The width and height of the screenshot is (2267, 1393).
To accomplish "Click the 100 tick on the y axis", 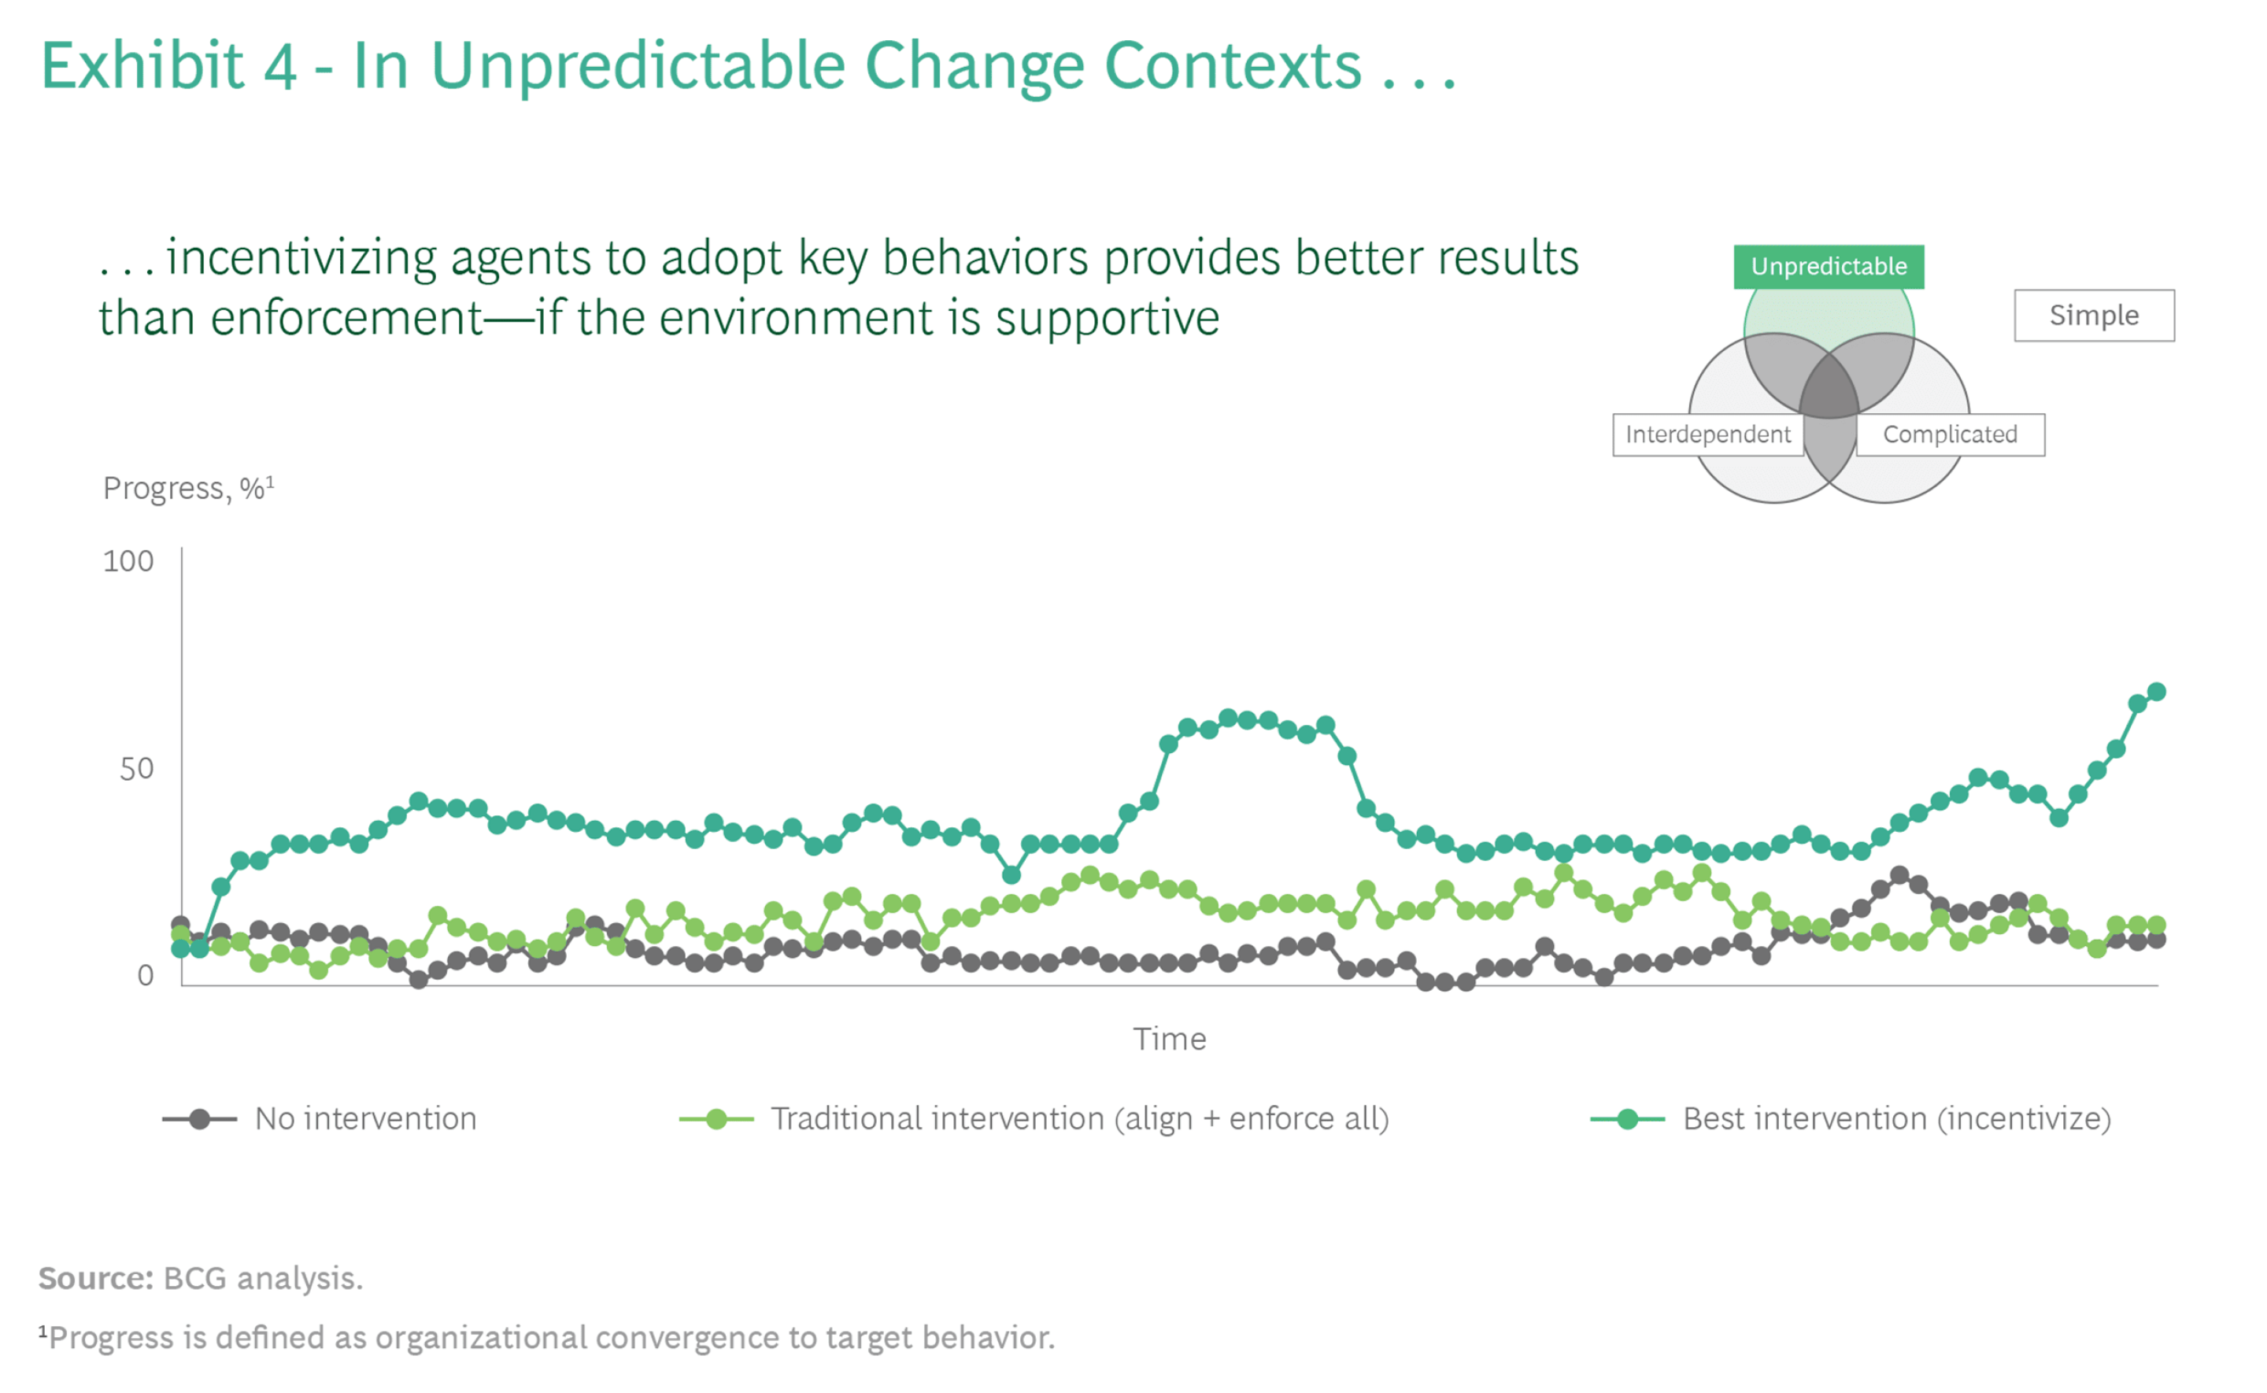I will (128, 562).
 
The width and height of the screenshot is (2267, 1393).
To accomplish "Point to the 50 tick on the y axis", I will (136, 769).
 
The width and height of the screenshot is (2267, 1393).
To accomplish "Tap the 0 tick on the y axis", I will (146, 976).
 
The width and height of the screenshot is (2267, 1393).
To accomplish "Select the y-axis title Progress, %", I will (188, 488).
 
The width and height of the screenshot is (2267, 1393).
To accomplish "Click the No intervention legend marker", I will (200, 1120).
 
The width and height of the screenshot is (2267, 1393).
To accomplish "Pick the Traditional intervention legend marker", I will (716, 1120).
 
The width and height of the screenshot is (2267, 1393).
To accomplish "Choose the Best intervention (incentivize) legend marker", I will (1628, 1120).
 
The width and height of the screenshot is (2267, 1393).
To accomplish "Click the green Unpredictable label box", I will (1829, 267).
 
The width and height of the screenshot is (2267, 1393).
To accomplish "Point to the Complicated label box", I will (1950, 435).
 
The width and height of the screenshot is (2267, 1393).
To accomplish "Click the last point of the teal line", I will (2157, 692).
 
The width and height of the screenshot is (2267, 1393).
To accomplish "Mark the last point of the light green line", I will (2157, 926).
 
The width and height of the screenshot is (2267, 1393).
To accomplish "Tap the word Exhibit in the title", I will (142, 66).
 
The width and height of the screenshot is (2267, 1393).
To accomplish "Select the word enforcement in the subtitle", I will (346, 319).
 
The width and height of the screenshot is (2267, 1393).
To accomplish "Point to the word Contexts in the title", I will (1233, 66).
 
